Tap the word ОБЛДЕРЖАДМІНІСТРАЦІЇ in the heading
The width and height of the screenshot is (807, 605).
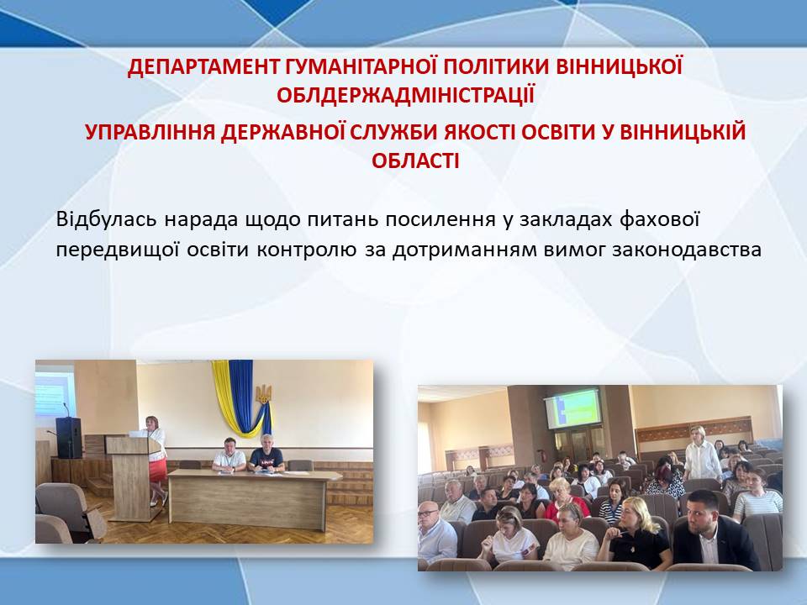click(x=405, y=96)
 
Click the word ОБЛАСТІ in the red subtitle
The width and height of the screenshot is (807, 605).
click(x=415, y=161)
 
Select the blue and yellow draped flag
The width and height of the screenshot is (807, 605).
click(x=241, y=398)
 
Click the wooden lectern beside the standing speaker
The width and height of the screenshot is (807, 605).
click(x=132, y=478)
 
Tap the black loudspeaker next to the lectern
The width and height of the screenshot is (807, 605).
click(x=69, y=438)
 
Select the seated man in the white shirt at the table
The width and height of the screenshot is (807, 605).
click(x=229, y=455)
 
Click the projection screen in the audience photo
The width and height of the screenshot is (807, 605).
click(x=572, y=408)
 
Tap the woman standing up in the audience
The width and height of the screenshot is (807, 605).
click(x=702, y=455)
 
